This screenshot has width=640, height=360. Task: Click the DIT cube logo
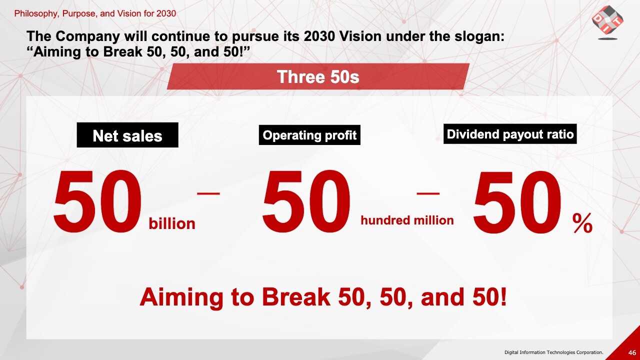pos(607,22)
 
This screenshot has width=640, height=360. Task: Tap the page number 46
pos(632,352)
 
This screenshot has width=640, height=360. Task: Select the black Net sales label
pos(127,135)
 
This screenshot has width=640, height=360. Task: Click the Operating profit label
pos(309,135)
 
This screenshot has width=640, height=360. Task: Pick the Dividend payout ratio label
pos(510,134)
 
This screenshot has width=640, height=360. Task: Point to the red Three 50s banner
pos(318,76)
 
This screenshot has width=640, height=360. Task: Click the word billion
pos(172,223)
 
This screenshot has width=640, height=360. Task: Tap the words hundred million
pos(407,220)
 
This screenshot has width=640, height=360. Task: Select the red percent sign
pos(582,223)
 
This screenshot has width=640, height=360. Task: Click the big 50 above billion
pos(97,201)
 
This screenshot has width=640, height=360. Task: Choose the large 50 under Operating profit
pos(306,201)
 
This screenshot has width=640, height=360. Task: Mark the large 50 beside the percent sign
pos(517,201)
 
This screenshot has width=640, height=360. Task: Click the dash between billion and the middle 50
pos(208,193)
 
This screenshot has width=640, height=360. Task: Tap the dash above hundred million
pos(428,193)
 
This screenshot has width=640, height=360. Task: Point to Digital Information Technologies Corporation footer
pos(553,352)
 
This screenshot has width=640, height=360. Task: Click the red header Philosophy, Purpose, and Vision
pos(95,13)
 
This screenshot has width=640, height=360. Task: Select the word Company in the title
pos(87,36)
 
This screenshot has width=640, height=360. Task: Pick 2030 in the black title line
pos(319,36)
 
